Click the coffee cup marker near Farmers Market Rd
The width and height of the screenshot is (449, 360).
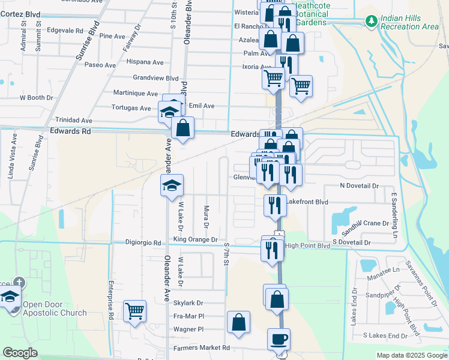pos(279,339)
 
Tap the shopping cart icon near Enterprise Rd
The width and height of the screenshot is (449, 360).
pos(134,311)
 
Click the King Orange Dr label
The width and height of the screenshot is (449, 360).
pos(195,239)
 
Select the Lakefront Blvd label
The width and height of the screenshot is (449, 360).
pos(306,202)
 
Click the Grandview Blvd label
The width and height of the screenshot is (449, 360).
pos(156,78)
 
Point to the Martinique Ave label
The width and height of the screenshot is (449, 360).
pos(136,93)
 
